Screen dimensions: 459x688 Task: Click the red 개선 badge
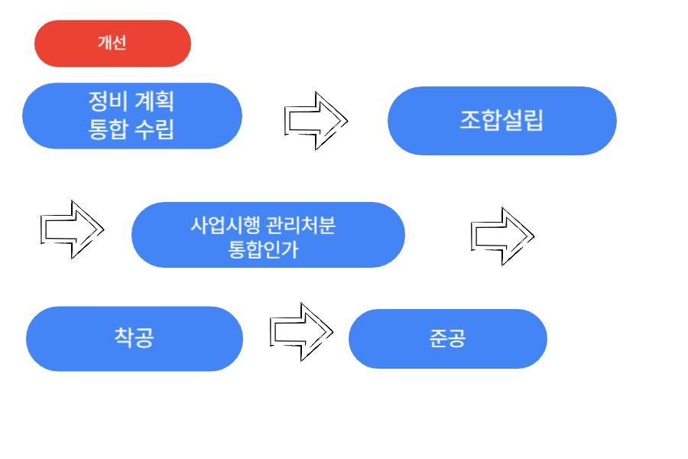(x=112, y=44)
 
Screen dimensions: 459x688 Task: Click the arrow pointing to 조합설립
(x=315, y=120)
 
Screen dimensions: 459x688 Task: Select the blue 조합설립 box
(x=501, y=120)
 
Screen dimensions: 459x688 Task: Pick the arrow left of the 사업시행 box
(x=71, y=229)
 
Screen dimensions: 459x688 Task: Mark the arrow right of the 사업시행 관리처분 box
(x=501, y=236)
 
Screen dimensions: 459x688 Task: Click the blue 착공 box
(x=134, y=338)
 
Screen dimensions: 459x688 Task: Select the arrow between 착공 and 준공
(x=301, y=331)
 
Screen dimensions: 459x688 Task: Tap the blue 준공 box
(x=447, y=339)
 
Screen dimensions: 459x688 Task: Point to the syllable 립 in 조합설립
(x=534, y=121)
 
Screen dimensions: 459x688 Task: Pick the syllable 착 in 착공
(x=123, y=337)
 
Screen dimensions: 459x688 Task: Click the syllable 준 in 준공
(x=438, y=339)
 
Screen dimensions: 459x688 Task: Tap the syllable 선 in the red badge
(x=118, y=44)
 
